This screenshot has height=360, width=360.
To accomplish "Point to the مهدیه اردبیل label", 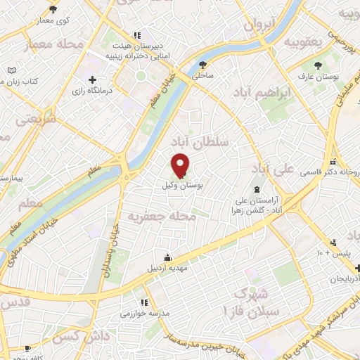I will (167, 268).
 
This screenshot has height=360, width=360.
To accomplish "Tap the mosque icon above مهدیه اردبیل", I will (167, 257).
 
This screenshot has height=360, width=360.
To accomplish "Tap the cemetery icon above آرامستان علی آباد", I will (257, 188).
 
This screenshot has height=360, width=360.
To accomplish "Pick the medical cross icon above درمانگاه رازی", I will (93, 80).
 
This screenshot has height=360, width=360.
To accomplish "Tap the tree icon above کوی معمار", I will (53, 9).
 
